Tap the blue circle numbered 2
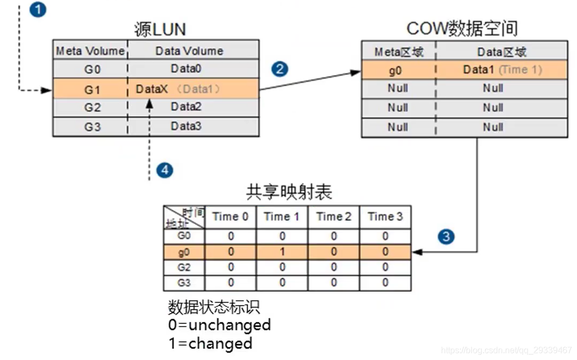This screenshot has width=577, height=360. (280, 69)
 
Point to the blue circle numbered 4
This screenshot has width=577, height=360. (165, 170)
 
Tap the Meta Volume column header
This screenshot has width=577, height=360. (90, 51)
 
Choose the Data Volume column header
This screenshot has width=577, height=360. (189, 51)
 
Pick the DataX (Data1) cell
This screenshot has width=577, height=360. (178, 89)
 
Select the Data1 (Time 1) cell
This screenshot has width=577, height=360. (502, 70)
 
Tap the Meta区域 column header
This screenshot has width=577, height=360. (398, 52)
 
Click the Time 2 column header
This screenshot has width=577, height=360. (333, 217)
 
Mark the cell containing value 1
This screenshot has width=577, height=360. (282, 251)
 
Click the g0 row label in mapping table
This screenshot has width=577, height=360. (184, 251)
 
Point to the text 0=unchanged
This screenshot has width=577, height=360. (219, 325)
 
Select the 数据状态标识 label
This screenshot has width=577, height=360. (214, 307)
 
